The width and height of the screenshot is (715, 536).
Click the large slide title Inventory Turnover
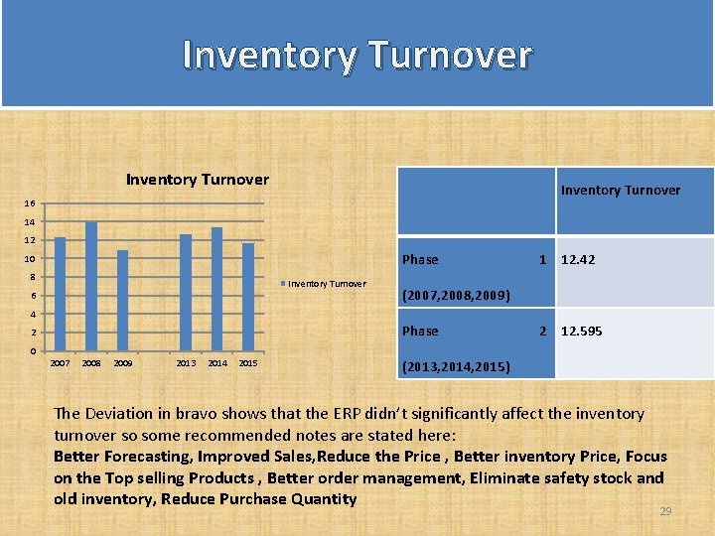click(x=357, y=55)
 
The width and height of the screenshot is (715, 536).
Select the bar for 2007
click(x=60, y=294)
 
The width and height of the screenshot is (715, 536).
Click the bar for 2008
click(x=91, y=286)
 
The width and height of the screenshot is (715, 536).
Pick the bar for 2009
click(x=122, y=300)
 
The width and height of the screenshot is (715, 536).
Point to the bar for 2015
click(x=248, y=297)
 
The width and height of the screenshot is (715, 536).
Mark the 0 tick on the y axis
click(x=33, y=352)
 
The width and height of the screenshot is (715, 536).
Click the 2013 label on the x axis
click(x=186, y=363)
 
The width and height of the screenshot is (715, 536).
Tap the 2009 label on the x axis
click(x=123, y=363)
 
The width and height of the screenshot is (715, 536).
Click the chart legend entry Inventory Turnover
click(x=327, y=284)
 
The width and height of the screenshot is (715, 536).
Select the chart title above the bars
click(x=197, y=180)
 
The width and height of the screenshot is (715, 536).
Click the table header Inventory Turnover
click(x=621, y=191)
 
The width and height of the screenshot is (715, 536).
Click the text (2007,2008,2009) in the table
click(x=455, y=296)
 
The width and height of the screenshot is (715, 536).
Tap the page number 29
click(x=665, y=511)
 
